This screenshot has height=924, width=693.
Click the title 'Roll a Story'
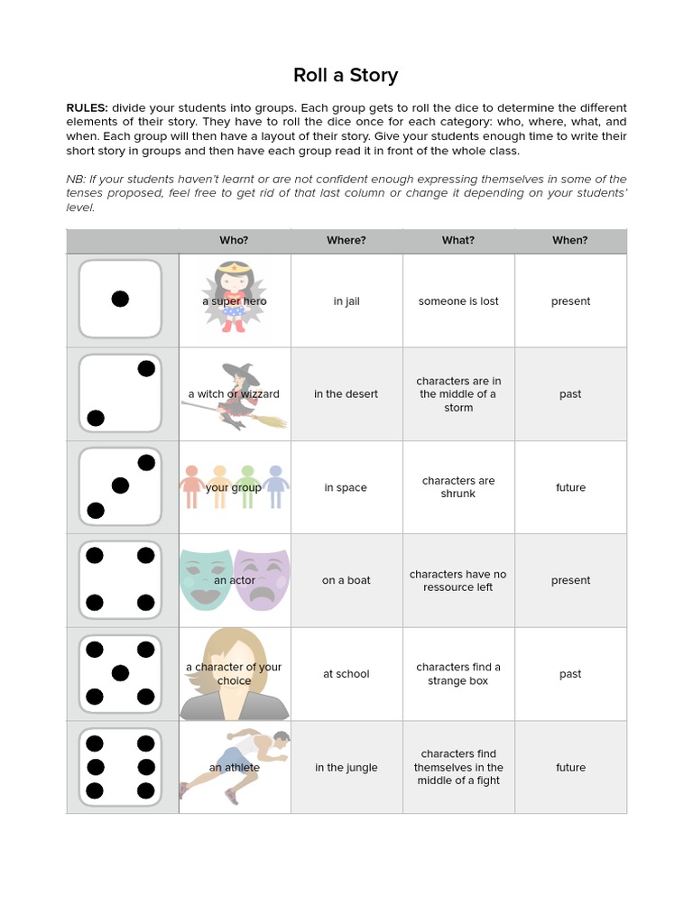point(346,75)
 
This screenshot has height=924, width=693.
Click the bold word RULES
point(87,107)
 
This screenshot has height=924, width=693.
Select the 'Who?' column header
point(234,241)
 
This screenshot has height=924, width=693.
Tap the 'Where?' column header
point(346,241)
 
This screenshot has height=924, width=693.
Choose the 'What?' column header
point(458,241)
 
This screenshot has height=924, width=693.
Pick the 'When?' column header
point(570,241)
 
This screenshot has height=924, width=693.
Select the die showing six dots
point(120,767)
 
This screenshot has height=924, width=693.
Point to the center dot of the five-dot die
point(120,673)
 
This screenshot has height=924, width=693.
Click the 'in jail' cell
point(346,301)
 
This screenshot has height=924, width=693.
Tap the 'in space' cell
point(346,487)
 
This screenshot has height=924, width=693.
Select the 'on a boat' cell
point(346,580)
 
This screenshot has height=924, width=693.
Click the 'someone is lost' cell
point(458,301)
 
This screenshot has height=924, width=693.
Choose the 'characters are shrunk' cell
point(458,487)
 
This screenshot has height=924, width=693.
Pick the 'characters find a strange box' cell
point(458,674)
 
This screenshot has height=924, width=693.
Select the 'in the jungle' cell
point(346,768)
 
